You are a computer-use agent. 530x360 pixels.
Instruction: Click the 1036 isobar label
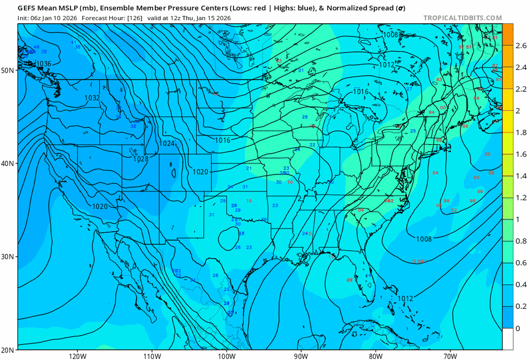click(x=43, y=64)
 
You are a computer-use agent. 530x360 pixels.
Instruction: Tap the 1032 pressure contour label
click(x=92, y=98)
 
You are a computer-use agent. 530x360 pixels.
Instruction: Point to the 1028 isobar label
click(x=140, y=159)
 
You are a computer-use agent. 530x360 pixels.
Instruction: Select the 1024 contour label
click(x=167, y=144)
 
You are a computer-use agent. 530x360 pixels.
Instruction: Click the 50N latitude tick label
click(x=8, y=70)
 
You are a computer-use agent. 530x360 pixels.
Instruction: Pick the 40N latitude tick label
click(x=8, y=163)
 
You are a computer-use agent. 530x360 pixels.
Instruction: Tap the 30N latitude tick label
click(x=8, y=257)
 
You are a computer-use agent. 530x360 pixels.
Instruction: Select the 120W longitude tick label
click(x=77, y=355)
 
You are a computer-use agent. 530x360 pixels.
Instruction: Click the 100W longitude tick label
click(x=227, y=355)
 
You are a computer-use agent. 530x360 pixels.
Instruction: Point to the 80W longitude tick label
click(x=376, y=355)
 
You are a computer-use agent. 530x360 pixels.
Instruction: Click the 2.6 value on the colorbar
click(x=521, y=46)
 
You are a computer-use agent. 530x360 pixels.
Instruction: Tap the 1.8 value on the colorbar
click(x=521, y=133)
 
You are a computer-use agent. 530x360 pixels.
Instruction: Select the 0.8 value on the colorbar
click(x=521, y=241)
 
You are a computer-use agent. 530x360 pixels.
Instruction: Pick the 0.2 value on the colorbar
click(x=521, y=306)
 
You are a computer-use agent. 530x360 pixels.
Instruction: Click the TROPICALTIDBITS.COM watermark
click(x=462, y=18)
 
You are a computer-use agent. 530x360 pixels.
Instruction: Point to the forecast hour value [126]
click(x=128, y=17)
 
